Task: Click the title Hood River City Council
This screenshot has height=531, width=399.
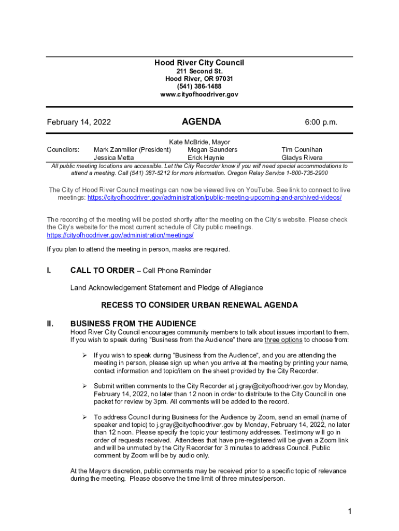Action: coord(199,63)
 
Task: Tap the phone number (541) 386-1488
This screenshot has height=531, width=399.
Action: coord(199,87)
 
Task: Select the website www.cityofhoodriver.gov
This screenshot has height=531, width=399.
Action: coord(199,94)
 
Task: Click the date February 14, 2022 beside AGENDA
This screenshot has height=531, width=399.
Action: coord(79,122)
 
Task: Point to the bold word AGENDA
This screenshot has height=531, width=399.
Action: coord(201,122)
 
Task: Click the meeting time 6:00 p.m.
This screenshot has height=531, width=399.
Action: coord(321,122)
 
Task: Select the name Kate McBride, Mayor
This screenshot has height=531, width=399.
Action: coord(199,142)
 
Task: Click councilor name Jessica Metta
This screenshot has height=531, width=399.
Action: coord(113,158)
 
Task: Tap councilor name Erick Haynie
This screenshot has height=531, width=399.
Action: coord(206,158)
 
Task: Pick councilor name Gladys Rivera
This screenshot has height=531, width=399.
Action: coord(302,158)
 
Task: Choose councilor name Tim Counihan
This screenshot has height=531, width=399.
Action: coord(302,150)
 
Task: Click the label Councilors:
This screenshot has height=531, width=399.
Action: coord(63,150)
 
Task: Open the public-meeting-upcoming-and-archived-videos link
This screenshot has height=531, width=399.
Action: coord(215,198)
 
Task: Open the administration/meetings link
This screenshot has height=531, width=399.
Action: coord(120,235)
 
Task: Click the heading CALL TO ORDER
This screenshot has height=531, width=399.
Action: coord(102,271)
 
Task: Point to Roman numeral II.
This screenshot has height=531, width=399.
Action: coord(50,324)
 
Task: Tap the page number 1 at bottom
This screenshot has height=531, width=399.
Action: coord(350,512)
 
